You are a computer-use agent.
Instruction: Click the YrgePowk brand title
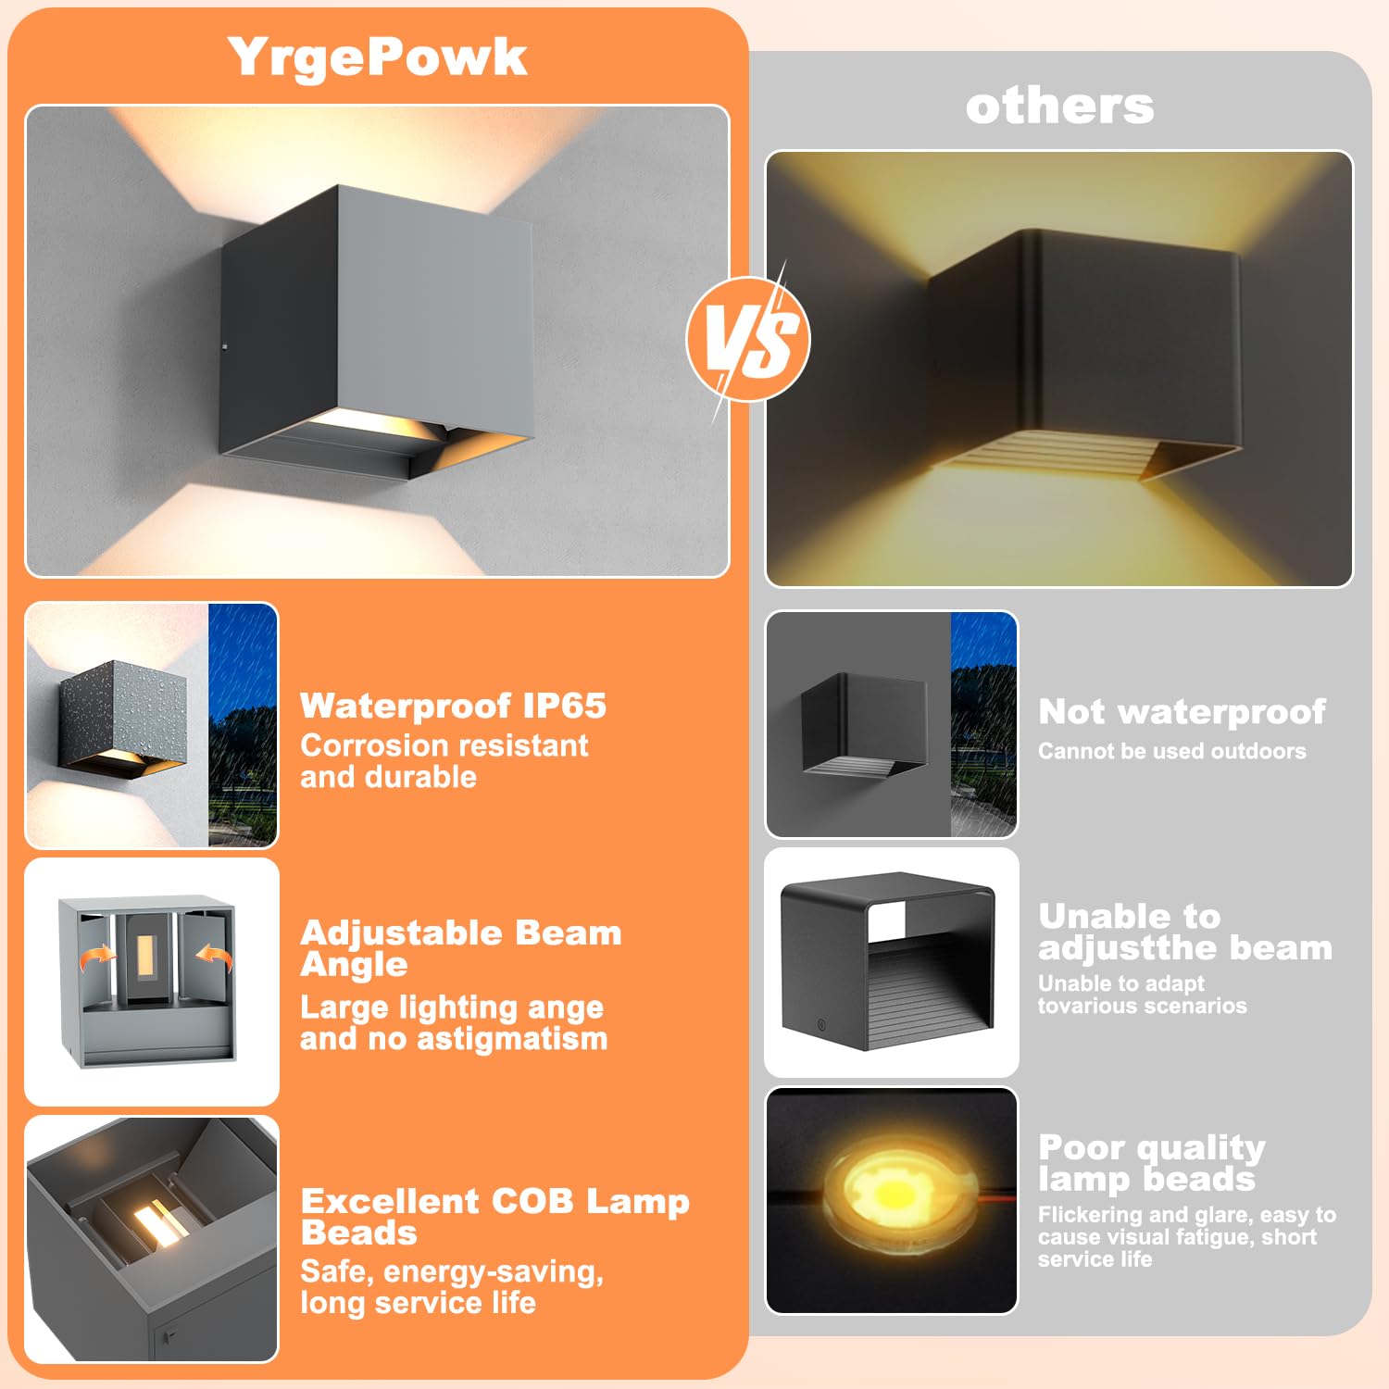(377, 57)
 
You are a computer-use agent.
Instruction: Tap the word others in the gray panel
(1059, 106)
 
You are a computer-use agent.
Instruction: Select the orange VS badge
(748, 339)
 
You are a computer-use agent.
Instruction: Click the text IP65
(564, 706)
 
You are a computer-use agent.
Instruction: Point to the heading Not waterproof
(1182, 711)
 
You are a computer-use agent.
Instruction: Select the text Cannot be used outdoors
(1171, 751)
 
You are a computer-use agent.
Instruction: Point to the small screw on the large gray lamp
(225, 348)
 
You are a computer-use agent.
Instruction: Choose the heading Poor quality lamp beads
(1150, 1162)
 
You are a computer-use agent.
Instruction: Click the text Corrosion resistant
(444, 745)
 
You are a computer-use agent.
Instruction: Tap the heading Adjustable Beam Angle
(460, 947)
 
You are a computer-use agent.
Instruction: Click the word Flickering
(1089, 1215)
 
